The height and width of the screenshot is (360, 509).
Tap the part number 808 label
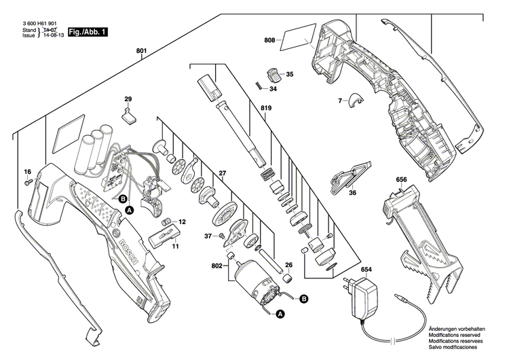pos(270,40)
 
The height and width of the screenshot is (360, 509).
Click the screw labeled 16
pos(28,183)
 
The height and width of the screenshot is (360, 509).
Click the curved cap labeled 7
pos(353,101)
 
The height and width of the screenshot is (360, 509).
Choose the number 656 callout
pos(401,180)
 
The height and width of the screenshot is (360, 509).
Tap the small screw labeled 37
pos(223,234)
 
